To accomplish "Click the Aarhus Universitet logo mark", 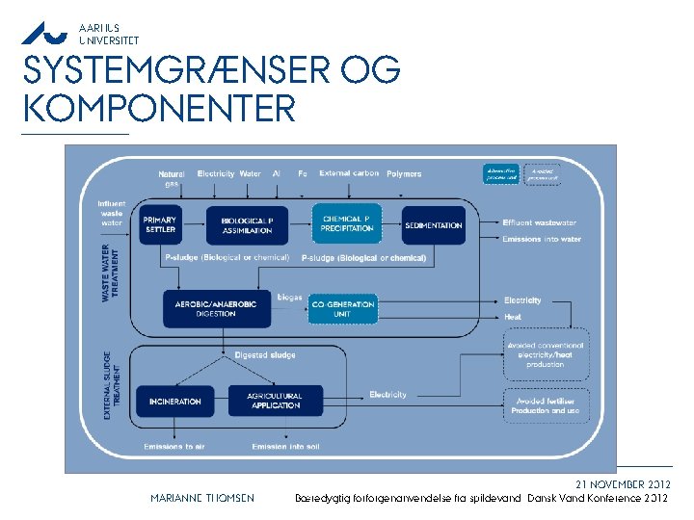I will click(x=45, y=34).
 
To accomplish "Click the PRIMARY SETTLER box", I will click(x=160, y=224).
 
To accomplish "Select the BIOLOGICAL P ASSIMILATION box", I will click(x=247, y=225).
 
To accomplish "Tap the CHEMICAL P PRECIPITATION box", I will click(x=346, y=223).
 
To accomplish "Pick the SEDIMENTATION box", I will click(x=433, y=225).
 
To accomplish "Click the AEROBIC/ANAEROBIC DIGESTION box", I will click(x=215, y=308).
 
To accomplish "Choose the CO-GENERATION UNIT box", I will click(x=343, y=308).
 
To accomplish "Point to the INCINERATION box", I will click(x=175, y=401).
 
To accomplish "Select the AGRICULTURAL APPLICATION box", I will click(x=275, y=401).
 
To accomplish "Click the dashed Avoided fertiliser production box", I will click(x=545, y=405).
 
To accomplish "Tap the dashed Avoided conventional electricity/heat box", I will click(x=545, y=354).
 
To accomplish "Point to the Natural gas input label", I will click(x=172, y=178).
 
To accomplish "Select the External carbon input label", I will click(x=349, y=173).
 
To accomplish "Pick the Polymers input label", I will click(x=404, y=174).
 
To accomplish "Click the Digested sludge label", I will click(x=265, y=355).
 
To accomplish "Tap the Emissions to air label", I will click(x=174, y=447).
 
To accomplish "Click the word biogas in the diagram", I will click(x=290, y=298).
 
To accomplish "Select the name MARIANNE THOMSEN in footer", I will click(x=202, y=498).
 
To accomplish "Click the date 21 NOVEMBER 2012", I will click(x=623, y=483).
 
